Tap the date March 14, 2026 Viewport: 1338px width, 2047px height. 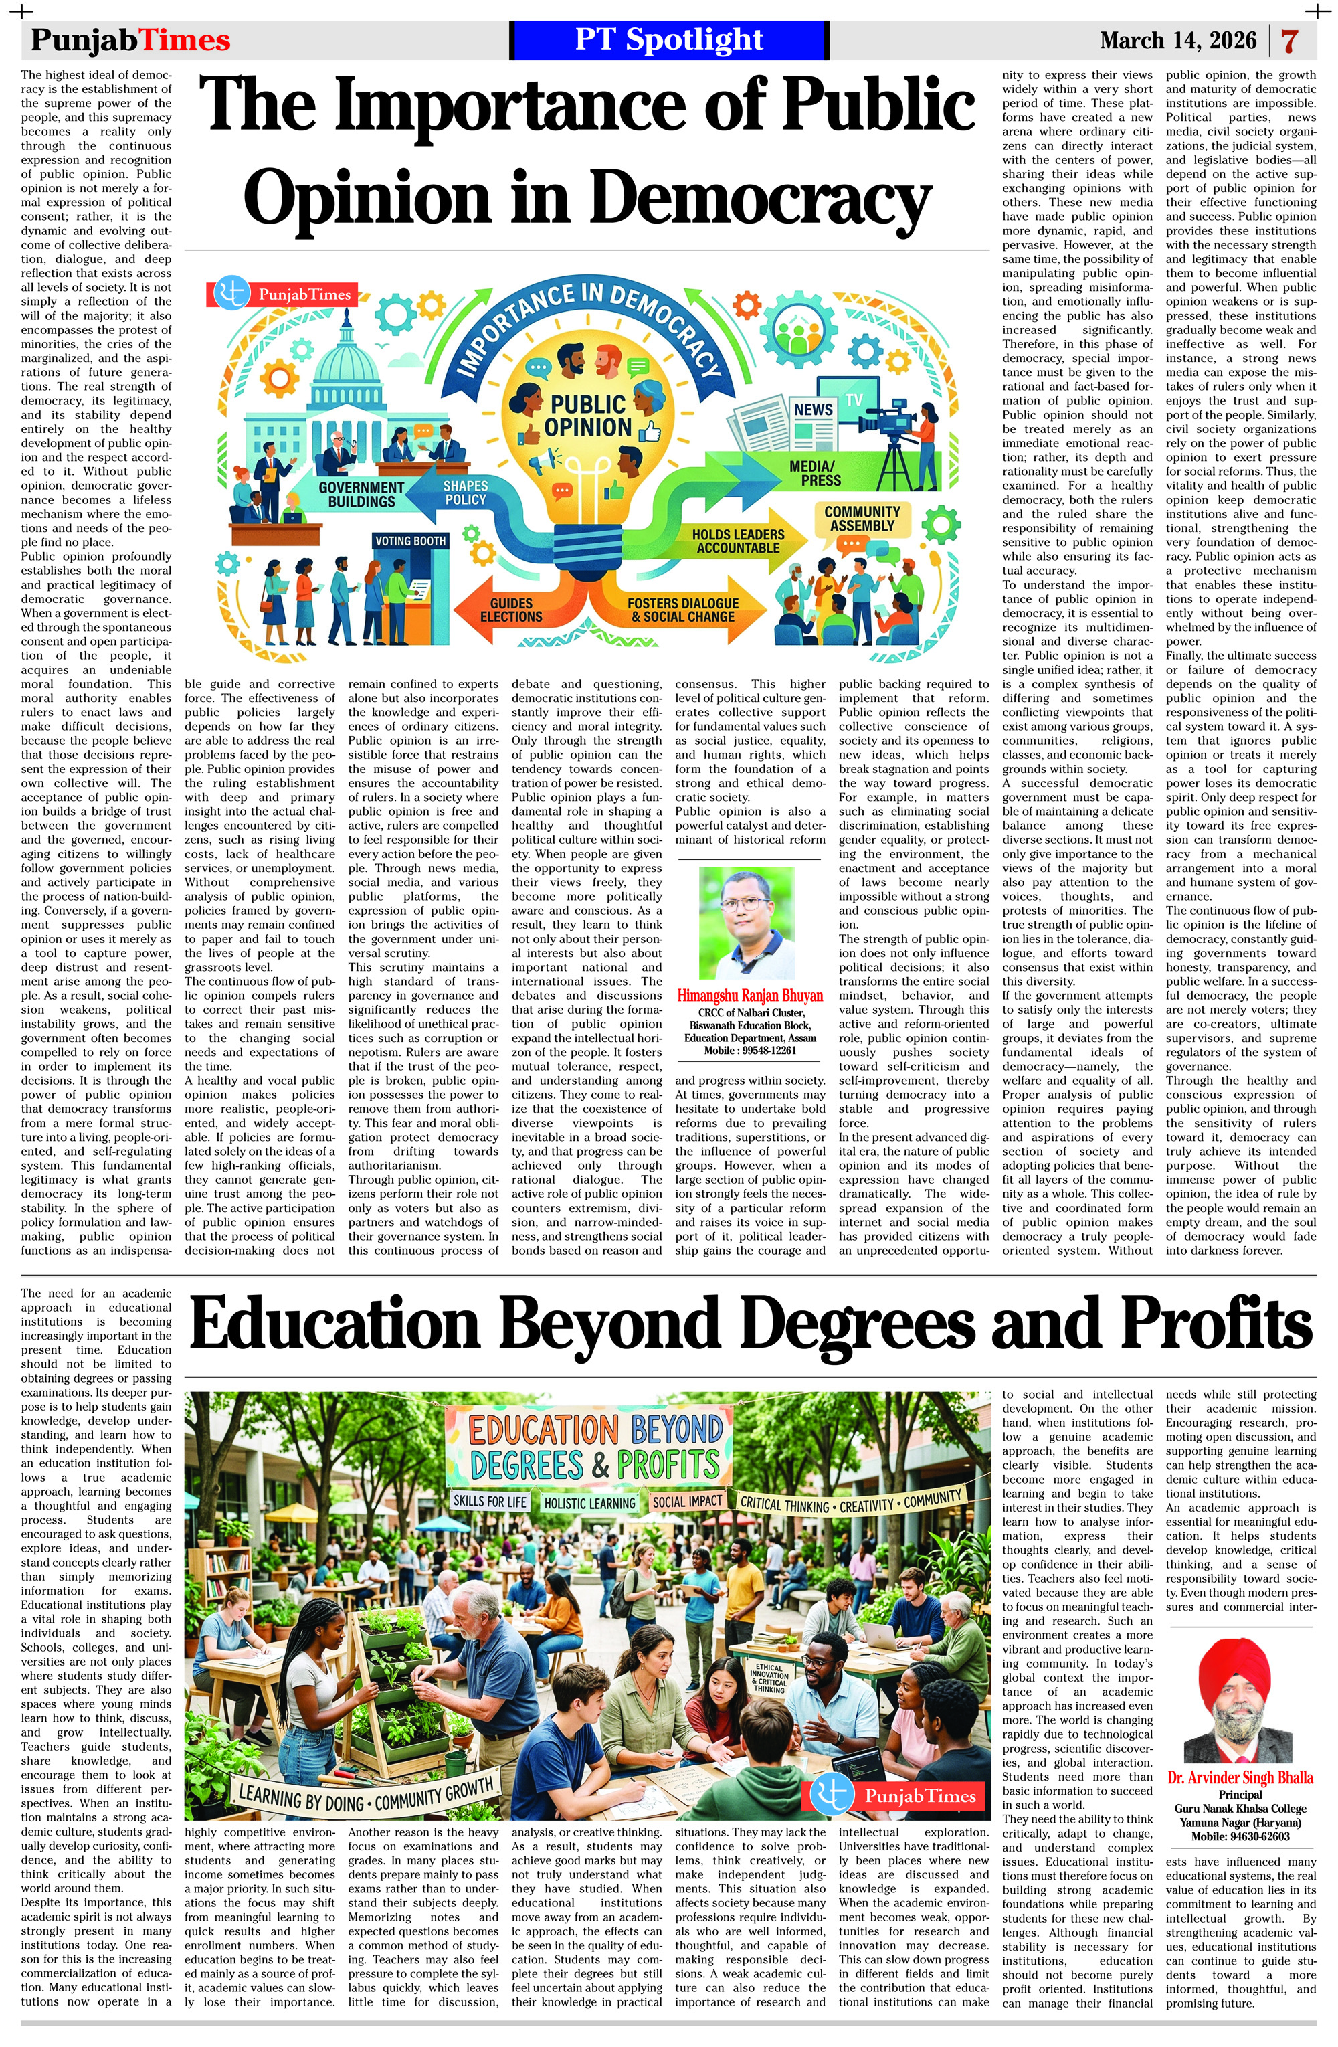[1177, 40]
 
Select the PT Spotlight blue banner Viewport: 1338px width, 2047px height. [668, 39]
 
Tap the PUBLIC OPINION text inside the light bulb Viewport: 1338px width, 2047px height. [587, 416]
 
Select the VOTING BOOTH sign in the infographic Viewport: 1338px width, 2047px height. [410, 541]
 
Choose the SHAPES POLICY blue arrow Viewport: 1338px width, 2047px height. [465, 493]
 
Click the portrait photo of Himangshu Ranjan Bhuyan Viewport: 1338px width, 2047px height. [747, 923]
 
